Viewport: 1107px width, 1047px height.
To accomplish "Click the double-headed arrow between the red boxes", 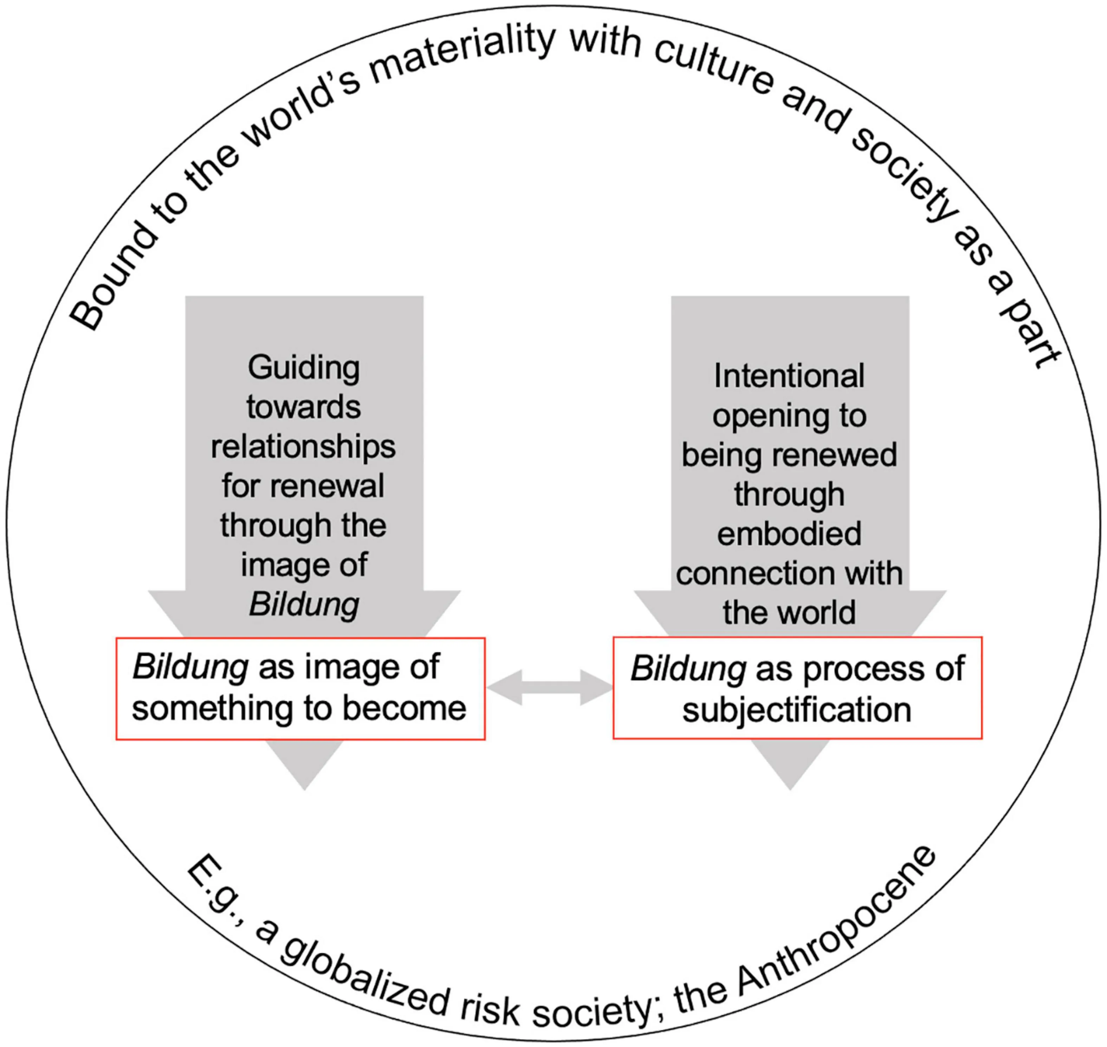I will click(x=550, y=687).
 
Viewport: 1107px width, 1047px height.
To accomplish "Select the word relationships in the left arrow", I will click(x=303, y=447).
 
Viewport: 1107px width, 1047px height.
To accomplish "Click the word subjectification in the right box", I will click(x=797, y=710).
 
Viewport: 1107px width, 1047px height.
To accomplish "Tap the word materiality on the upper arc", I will click(x=463, y=53).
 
